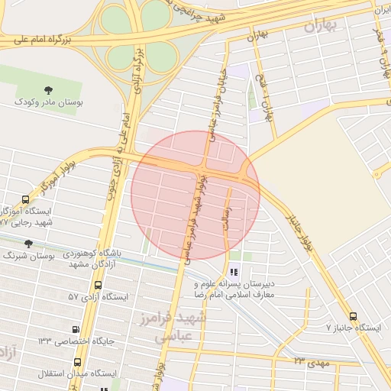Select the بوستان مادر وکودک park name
tap(50, 102)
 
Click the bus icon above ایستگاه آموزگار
tap(26, 200)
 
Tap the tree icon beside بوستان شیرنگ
tap(28, 244)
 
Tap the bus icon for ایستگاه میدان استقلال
tap(77, 361)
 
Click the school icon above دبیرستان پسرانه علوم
tap(234, 272)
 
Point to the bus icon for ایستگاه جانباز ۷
tap(352, 316)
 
